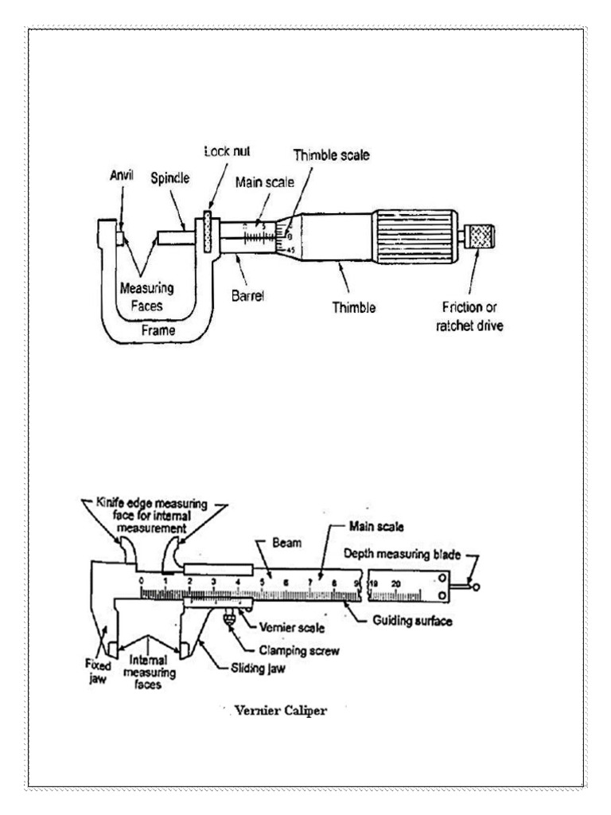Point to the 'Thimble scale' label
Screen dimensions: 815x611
pos(331,156)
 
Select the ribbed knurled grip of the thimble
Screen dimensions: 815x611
pos(414,236)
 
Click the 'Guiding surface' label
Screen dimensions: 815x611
pos(413,621)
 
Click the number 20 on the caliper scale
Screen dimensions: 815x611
pos(395,583)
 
